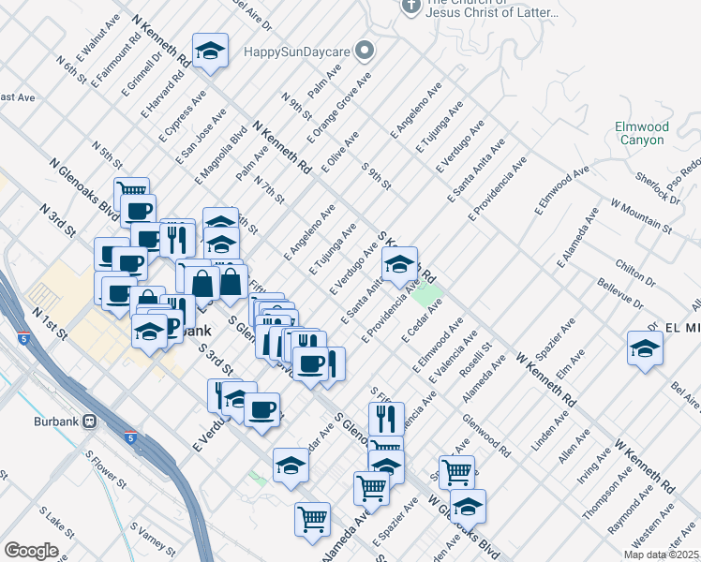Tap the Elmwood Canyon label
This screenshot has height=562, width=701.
point(641,133)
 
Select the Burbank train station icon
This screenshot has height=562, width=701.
point(90,421)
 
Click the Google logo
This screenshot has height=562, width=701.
point(31,551)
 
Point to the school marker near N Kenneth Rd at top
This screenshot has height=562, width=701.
point(211,52)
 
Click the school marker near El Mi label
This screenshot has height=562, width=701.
point(645,348)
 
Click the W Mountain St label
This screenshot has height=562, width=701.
point(641,214)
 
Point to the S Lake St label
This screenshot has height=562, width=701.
point(57,522)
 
